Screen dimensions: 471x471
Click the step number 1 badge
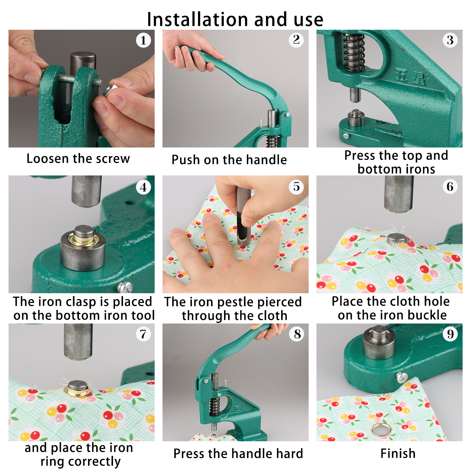point(143,40)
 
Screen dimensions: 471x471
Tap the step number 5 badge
point(296,187)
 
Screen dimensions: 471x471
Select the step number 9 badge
point(450,334)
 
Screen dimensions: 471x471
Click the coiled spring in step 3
point(354,52)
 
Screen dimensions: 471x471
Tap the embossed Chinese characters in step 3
point(410,76)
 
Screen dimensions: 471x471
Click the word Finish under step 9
point(398,453)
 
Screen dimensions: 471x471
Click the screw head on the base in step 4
point(125,286)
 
